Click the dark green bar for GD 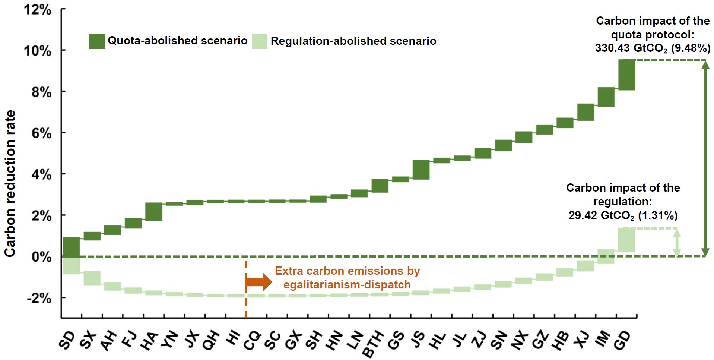pos(626,75)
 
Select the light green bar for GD pos(626,240)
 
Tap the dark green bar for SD pos(71,247)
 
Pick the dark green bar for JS pos(421,170)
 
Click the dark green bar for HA pos(153,212)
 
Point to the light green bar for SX pos(92,278)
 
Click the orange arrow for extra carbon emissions pos(259,282)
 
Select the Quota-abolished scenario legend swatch pos(97,41)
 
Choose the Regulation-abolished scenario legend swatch pos(260,41)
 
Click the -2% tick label pos(39,298)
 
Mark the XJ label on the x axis pos(583,340)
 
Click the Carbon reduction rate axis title pos(10,183)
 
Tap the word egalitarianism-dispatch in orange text pos(347,285)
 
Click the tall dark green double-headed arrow pos(705,158)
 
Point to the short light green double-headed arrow pos(677,242)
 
